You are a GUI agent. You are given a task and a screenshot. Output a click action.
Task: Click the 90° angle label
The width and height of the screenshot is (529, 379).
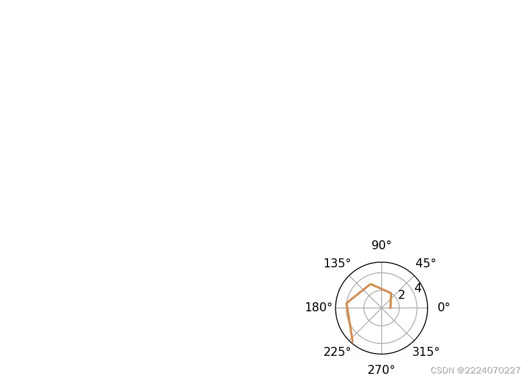coord(381,245)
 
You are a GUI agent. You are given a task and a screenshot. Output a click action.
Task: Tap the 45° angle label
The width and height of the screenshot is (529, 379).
coord(426,263)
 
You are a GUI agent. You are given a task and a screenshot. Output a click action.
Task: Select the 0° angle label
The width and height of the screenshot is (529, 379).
coord(444,307)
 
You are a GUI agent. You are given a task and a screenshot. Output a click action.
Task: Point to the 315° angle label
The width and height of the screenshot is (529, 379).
coord(426,352)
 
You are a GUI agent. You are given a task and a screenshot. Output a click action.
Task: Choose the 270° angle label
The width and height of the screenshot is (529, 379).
coord(381,370)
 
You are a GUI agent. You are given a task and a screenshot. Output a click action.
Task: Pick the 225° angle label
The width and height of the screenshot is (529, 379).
coord(337,352)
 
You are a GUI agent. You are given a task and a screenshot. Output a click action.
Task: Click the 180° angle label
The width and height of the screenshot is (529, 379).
coord(318,307)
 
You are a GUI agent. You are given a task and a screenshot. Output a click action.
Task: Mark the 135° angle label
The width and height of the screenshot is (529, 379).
coord(337,263)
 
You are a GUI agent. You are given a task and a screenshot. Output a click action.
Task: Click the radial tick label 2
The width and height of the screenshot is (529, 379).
coord(401,295)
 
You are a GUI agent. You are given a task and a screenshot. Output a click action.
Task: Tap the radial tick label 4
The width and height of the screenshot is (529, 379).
coord(418,288)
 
